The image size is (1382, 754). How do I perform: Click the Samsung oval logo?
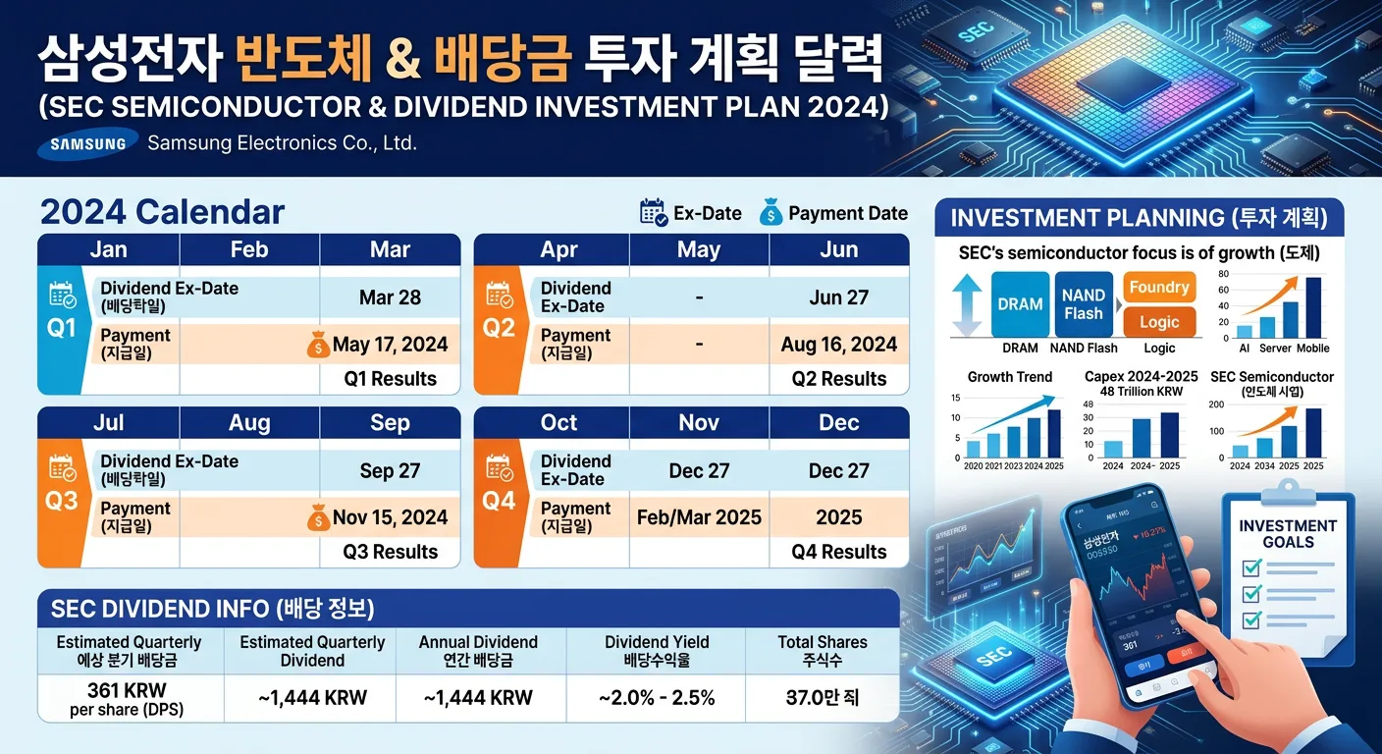87,143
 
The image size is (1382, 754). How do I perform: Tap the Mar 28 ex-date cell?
390,297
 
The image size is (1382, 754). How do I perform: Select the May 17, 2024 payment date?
390,345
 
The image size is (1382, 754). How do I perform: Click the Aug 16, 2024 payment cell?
838,345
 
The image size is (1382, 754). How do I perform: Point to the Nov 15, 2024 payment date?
390,517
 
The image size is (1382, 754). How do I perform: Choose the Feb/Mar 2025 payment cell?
699,517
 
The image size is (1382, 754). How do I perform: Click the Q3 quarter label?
62,501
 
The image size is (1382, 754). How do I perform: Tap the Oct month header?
558,423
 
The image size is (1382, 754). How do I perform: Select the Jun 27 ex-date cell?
838,297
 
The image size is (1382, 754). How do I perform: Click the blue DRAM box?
1020,304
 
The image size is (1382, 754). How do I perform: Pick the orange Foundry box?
1159,288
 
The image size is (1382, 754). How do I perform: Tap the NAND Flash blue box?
1084,304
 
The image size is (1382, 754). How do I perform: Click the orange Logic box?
1159,322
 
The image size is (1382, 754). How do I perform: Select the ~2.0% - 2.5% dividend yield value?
657,698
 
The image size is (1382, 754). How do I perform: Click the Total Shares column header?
822,651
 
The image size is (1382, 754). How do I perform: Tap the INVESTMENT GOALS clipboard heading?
1288,534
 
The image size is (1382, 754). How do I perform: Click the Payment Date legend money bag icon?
771,213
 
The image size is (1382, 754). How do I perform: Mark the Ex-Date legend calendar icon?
653,213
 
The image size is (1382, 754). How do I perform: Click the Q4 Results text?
838,552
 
